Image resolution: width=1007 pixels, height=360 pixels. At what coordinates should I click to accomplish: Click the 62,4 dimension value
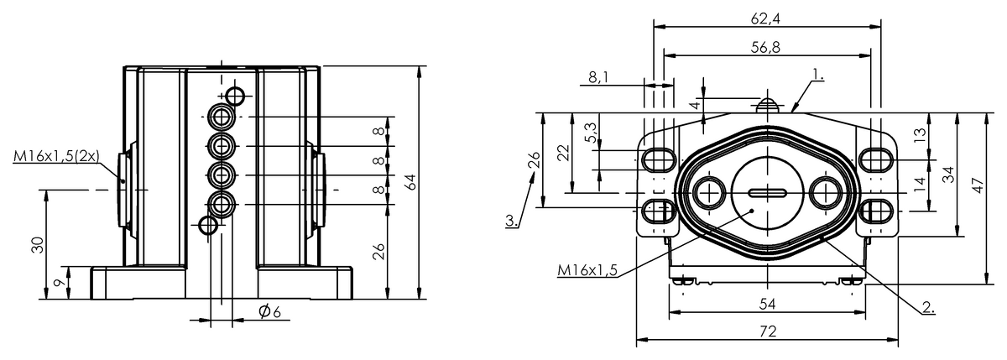click(x=766, y=18)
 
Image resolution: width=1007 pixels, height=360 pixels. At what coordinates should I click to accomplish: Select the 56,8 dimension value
click(x=765, y=47)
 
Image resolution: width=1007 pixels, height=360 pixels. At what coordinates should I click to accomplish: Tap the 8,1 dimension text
click(x=598, y=78)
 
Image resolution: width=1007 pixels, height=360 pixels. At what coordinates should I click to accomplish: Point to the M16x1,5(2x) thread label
click(x=56, y=156)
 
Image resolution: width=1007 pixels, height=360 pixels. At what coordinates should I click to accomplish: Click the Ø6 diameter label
click(x=269, y=311)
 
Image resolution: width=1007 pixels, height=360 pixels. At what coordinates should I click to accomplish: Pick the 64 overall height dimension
click(x=410, y=181)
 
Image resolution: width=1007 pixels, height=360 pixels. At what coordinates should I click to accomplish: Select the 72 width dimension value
click(x=768, y=331)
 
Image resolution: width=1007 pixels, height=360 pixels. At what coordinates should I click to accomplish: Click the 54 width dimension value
click(x=768, y=305)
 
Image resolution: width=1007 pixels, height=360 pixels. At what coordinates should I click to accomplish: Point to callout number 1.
click(x=817, y=76)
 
